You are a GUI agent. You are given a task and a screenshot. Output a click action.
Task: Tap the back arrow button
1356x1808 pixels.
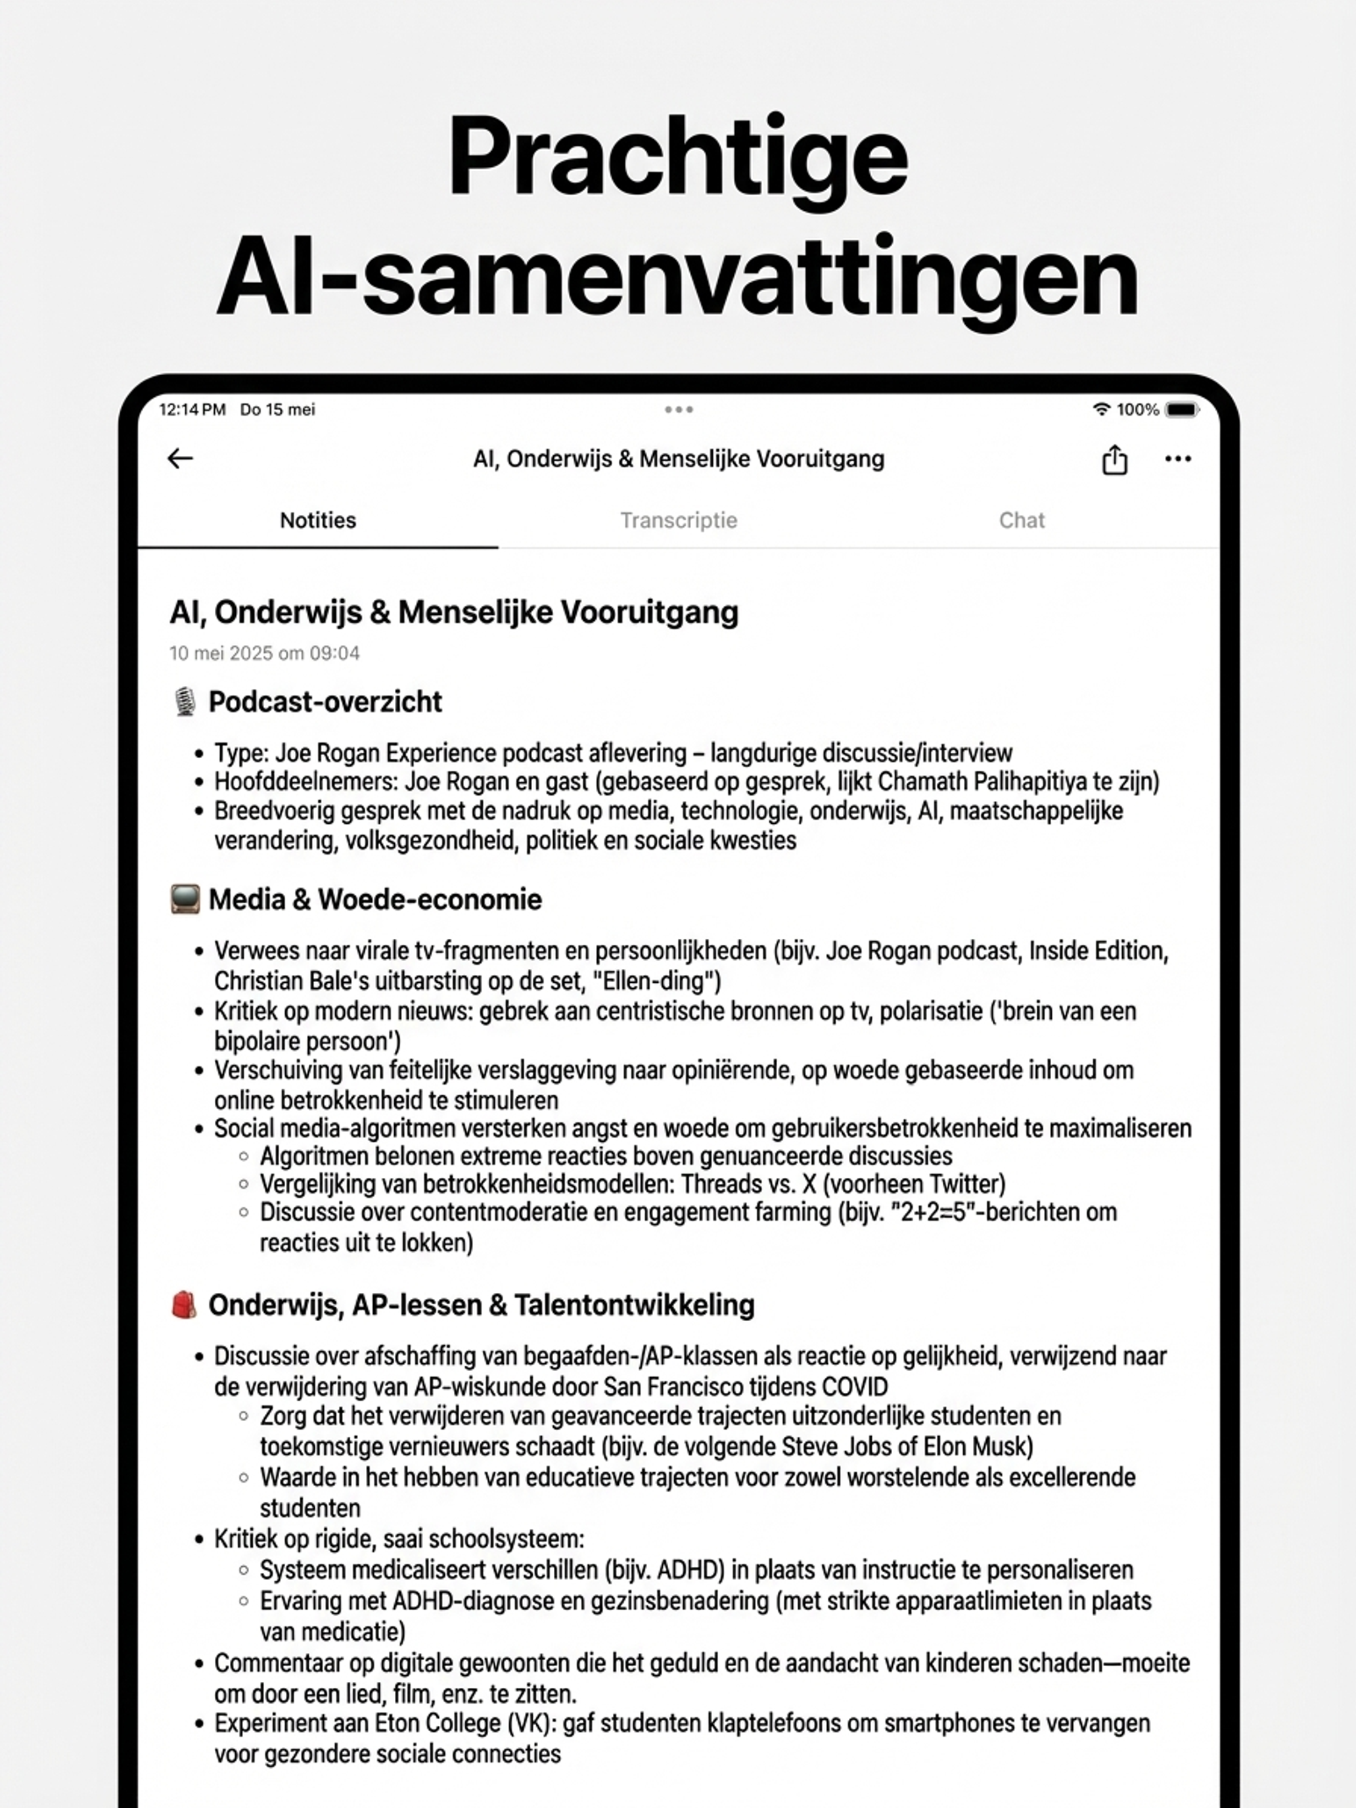(180, 459)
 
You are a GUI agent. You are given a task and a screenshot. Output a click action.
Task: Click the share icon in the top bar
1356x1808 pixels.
(1114, 459)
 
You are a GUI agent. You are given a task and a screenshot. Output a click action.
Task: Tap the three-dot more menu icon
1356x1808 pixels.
(1177, 459)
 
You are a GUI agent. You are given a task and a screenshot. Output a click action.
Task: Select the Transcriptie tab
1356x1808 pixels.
(679, 521)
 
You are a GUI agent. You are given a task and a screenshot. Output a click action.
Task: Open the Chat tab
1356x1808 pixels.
(1022, 521)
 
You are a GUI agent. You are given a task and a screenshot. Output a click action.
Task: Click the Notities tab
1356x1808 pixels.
(318, 521)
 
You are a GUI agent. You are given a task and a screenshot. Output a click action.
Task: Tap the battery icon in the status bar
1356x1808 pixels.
(1182, 409)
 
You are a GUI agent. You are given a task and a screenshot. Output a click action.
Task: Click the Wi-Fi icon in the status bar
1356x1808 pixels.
(1101, 409)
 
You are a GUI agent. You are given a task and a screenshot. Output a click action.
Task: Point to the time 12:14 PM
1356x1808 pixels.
(192, 409)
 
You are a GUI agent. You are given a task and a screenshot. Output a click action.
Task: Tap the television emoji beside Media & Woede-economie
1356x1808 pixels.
(185, 899)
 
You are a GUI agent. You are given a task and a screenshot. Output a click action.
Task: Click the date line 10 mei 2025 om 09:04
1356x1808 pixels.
(264, 653)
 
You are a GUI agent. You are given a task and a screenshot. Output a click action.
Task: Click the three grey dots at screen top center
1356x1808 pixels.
(679, 409)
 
